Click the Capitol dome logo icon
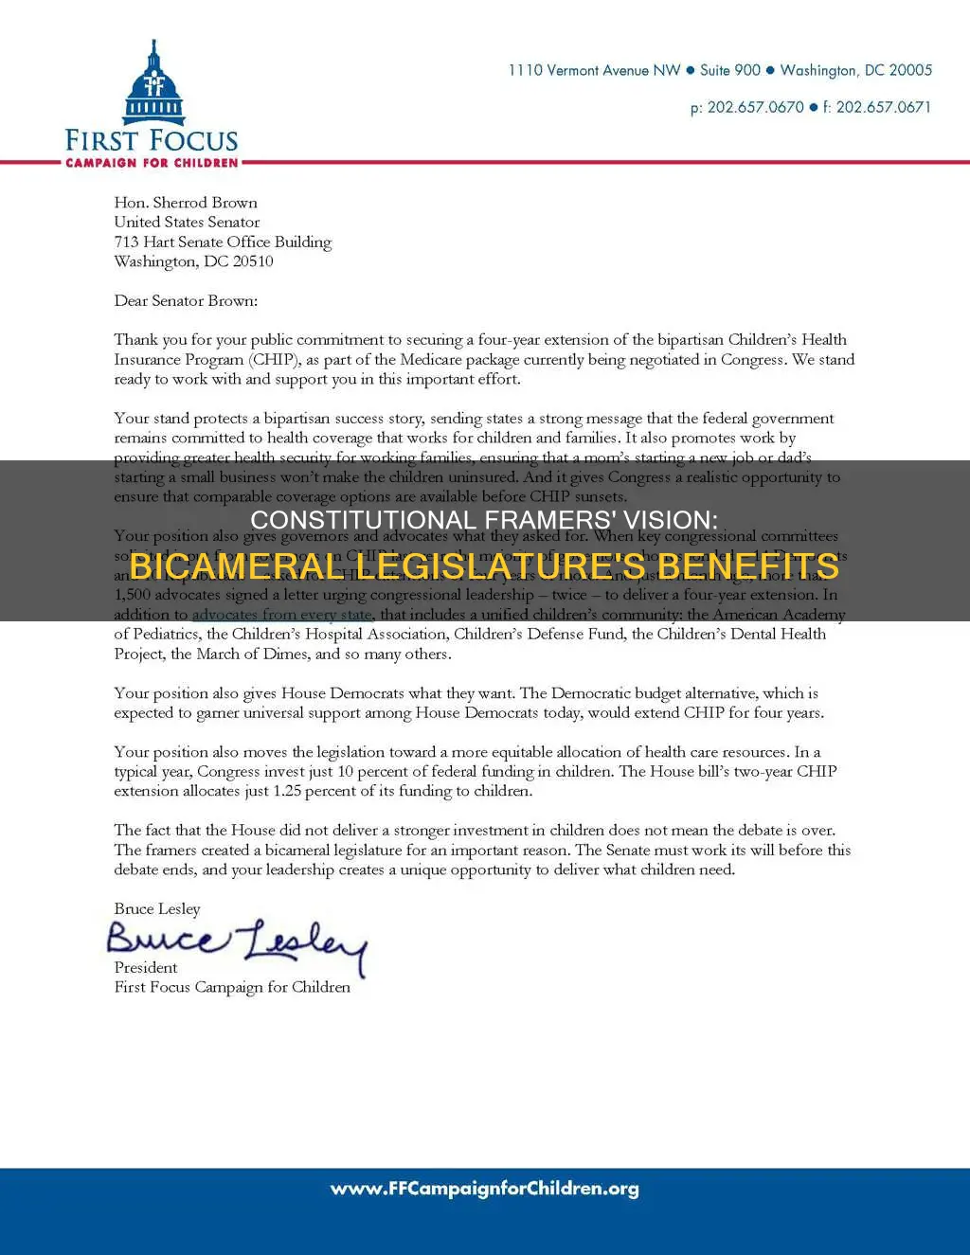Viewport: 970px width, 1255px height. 153,85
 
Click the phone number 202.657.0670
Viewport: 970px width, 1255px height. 755,107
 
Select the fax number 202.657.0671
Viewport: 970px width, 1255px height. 883,107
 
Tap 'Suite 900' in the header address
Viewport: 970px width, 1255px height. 729,70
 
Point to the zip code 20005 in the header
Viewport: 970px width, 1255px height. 910,70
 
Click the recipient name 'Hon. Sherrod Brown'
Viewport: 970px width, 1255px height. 186,203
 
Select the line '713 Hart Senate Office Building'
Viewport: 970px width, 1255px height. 223,242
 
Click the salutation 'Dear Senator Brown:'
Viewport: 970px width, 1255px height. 186,301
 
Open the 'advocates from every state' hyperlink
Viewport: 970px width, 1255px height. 281,615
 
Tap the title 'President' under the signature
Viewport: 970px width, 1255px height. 146,968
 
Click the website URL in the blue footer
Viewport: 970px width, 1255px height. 484,1189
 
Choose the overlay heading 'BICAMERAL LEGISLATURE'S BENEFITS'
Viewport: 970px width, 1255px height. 484,566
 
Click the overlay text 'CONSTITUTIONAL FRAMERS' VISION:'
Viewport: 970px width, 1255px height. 484,520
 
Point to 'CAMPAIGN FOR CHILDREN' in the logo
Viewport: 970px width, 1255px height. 152,163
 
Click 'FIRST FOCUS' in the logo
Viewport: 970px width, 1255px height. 152,141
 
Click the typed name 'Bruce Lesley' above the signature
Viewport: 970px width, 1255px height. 157,909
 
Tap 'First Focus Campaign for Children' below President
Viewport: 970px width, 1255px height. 232,987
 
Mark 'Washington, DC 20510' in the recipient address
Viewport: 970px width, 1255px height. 193,261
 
